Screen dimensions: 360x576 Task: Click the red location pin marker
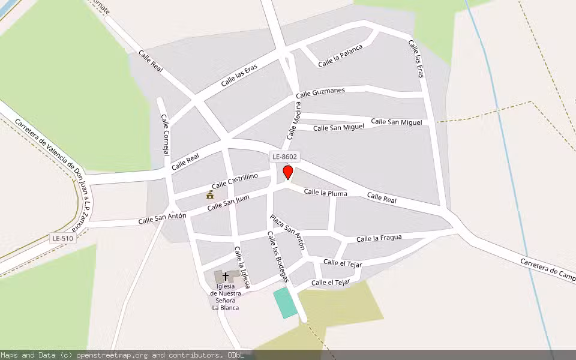pos(288,173)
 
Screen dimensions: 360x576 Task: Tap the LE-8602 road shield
pos(284,157)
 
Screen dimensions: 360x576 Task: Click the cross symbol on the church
pos(226,277)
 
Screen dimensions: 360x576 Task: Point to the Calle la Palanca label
pos(340,56)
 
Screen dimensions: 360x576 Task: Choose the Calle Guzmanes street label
pos(320,92)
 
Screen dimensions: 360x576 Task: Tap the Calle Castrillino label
pos(235,180)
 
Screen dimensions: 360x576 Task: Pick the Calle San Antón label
pos(162,218)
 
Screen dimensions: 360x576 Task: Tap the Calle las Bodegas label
pos(278,256)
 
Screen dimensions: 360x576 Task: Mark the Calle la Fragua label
pos(379,238)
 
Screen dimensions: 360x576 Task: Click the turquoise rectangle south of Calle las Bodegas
pos(285,303)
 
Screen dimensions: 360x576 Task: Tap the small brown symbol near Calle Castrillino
pos(210,194)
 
